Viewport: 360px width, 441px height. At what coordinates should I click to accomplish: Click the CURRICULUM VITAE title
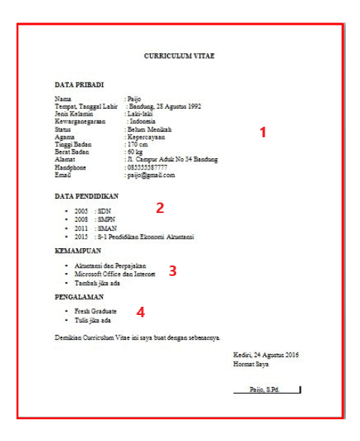[179, 56]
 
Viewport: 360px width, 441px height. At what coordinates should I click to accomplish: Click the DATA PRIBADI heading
[79, 85]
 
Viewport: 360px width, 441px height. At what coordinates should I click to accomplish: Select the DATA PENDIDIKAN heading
[87, 196]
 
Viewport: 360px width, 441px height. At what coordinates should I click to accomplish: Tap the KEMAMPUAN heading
[79, 250]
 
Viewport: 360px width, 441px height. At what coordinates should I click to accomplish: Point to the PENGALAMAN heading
[81, 298]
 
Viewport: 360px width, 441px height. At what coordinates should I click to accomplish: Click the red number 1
[263, 132]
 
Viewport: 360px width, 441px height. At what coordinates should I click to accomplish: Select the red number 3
[172, 271]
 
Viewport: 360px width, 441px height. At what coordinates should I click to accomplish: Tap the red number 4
[140, 311]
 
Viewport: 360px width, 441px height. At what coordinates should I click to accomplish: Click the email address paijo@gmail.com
[151, 175]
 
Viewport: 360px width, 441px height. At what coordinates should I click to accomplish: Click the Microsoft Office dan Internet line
[115, 275]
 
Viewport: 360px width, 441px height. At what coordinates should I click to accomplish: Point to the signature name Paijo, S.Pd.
[264, 389]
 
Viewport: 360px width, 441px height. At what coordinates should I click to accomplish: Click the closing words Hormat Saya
[250, 364]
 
